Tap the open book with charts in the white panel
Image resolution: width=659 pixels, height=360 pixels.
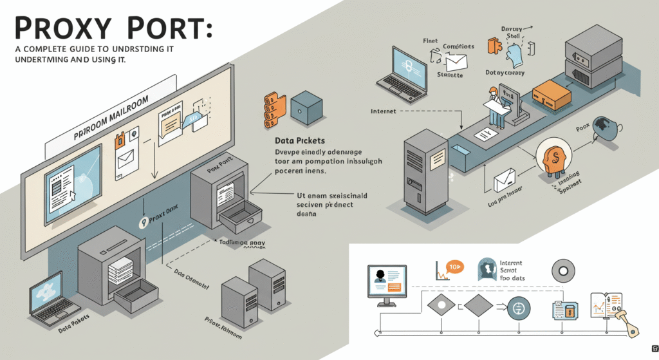[606, 305]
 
